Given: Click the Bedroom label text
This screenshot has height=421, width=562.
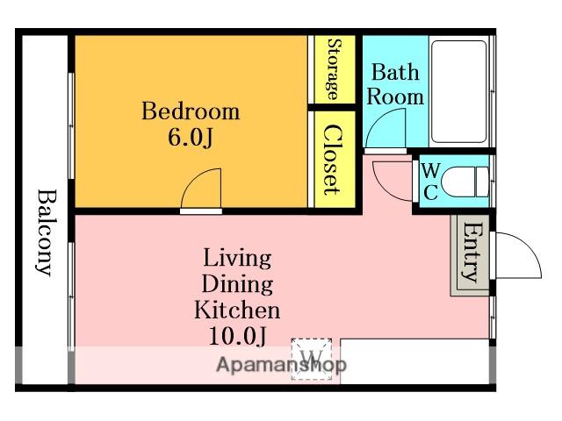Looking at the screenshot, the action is (191, 111).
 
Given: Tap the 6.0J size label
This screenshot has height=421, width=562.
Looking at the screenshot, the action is (191, 137).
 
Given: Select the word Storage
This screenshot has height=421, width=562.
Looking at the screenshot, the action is (335, 69).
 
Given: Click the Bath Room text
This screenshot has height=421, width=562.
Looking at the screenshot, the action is (395, 84).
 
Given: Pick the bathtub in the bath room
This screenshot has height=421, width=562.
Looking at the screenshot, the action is (458, 91).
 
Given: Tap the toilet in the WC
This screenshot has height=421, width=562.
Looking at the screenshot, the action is (465, 182).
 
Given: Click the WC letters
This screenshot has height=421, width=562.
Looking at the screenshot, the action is (430, 182).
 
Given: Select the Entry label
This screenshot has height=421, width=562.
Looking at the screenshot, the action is (472, 252).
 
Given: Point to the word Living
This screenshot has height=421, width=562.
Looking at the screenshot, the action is (237, 258).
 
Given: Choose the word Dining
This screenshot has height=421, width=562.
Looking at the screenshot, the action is (237, 284).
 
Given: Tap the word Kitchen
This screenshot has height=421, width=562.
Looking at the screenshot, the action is (237, 310).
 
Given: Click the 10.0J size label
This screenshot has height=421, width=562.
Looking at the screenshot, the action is (237, 336).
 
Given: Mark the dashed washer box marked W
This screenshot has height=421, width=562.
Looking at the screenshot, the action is (312, 359).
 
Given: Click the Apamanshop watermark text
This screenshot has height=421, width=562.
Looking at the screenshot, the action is (282, 365).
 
